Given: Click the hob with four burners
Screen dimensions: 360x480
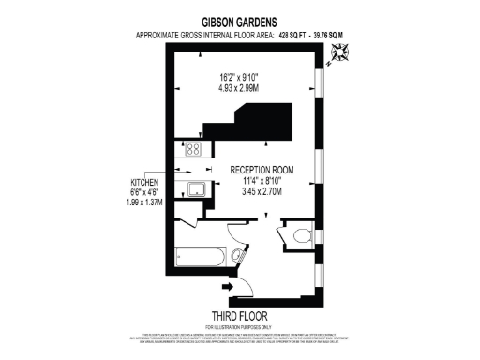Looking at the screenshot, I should pos(194,148).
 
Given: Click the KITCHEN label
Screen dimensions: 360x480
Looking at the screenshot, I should pos(143,181).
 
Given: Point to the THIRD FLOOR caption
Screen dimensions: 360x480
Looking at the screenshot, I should pos(241,316).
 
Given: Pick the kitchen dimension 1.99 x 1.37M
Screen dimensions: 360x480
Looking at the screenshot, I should pos(143,202).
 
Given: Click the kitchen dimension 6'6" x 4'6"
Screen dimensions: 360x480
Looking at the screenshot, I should pos(143,192).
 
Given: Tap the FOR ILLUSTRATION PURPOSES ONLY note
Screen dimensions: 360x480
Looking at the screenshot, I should pos(241,326).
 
